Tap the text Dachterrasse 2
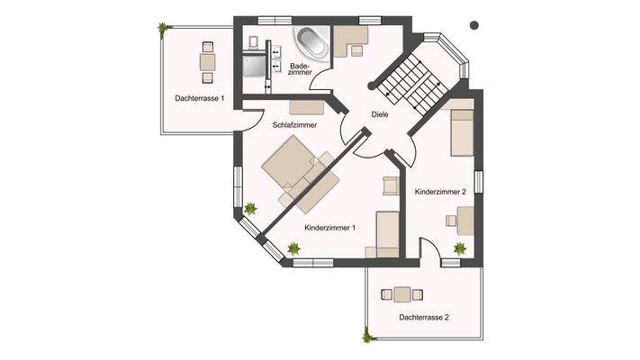tap(424, 318)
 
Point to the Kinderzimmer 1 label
tap(330, 228)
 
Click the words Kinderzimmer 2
tap(440, 192)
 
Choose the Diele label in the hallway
tap(381, 114)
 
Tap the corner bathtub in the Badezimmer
tap(311, 41)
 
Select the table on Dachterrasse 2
tap(401, 293)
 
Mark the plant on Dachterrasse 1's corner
tap(163, 29)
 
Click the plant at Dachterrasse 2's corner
tap(367, 337)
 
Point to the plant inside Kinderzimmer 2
tap(460, 248)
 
